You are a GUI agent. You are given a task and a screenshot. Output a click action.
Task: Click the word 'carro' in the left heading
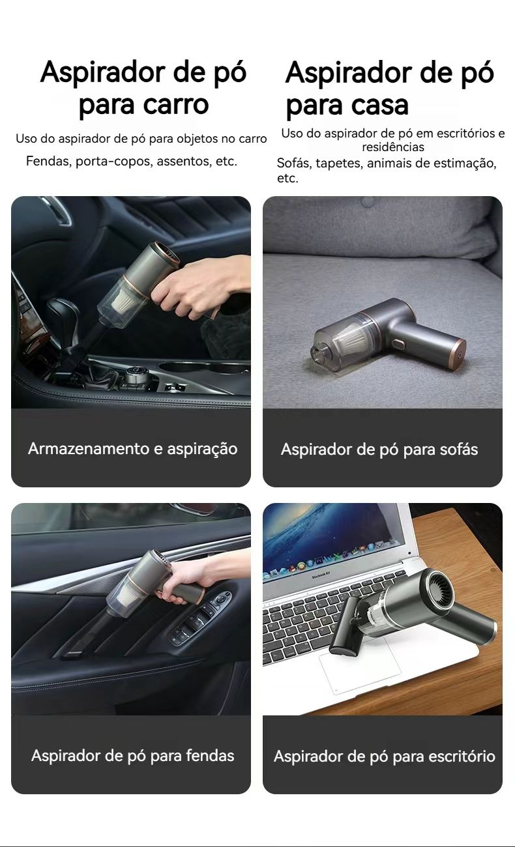(x=176, y=104)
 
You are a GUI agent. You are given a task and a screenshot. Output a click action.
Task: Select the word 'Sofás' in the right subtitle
(x=294, y=163)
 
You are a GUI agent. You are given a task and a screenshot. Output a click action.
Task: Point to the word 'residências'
(x=393, y=147)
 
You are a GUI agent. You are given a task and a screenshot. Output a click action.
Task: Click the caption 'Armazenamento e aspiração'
(x=133, y=449)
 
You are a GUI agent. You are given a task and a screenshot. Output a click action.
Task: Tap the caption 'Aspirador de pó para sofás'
(x=379, y=449)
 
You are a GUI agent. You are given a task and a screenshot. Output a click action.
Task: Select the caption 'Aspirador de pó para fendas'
(x=133, y=756)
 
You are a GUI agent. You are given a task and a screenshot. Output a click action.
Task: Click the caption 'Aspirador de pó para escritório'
(x=385, y=756)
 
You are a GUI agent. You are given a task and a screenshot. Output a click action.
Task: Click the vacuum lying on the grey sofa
(x=389, y=333)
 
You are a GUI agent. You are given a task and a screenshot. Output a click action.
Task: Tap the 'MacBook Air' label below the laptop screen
(x=321, y=577)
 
